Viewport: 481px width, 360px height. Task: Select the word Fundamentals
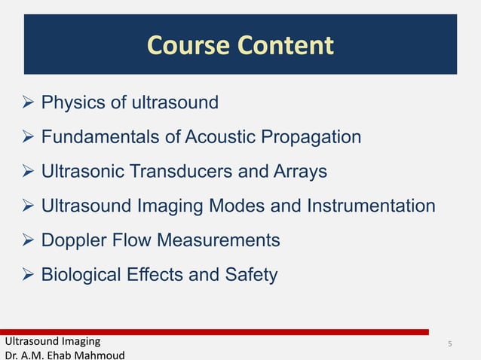100,137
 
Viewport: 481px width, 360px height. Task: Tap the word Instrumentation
370,206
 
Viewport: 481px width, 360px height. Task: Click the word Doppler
74,240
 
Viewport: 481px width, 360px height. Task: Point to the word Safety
250,275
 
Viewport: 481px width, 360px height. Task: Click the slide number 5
449,344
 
